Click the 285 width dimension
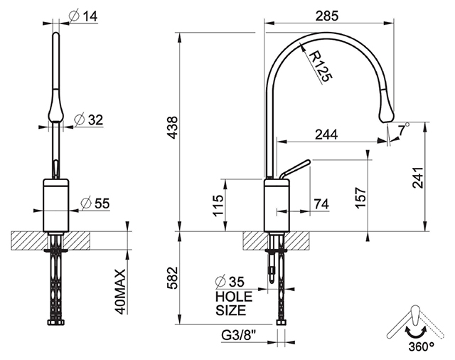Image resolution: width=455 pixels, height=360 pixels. (327, 16)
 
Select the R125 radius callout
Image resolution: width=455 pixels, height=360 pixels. (320, 66)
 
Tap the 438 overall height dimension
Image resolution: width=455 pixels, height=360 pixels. (173, 128)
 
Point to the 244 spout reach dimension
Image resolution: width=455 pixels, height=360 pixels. (326, 134)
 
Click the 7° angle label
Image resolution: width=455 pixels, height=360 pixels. (404, 129)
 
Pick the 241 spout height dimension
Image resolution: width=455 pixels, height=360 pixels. (418, 177)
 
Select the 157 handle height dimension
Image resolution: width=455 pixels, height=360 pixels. (360, 197)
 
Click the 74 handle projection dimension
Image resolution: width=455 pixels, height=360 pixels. (322, 203)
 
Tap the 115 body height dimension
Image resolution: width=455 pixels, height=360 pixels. (218, 206)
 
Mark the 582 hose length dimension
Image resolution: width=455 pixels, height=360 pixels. (173, 278)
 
